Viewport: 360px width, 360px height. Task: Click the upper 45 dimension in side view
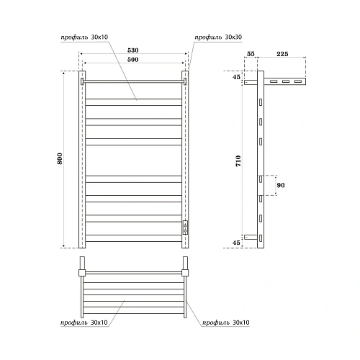[x=238, y=77]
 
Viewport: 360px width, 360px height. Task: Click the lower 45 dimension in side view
[x=238, y=242]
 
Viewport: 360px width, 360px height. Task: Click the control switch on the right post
[x=186, y=228]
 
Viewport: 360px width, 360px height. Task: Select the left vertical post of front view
[x=83, y=158]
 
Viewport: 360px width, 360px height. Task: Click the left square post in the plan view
[x=83, y=271]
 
